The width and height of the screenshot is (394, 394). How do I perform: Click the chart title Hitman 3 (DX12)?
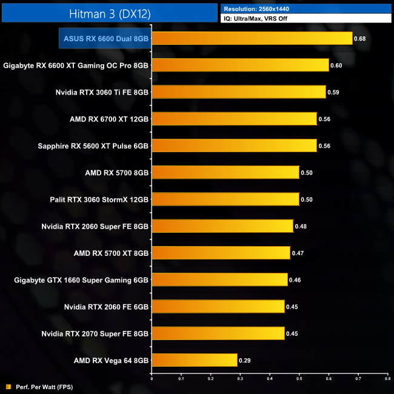(x=109, y=13)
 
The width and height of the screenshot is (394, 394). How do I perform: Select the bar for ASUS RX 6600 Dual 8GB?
(x=252, y=38)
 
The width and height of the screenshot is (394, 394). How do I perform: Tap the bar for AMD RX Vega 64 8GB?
(x=194, y=360)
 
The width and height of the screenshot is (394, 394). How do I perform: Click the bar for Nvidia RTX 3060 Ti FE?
(x=238, y=92)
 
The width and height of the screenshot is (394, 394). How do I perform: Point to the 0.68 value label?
(x=361, y=39)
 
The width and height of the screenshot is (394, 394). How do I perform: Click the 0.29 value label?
(x=245, y=360)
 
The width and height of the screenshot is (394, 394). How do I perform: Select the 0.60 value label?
(x=336, y=65)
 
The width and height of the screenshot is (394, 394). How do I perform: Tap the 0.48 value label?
(x=301, y=226)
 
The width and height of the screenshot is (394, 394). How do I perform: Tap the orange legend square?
(x=8, y=386)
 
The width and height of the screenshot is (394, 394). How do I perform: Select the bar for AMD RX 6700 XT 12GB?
(x=234, y=119)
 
